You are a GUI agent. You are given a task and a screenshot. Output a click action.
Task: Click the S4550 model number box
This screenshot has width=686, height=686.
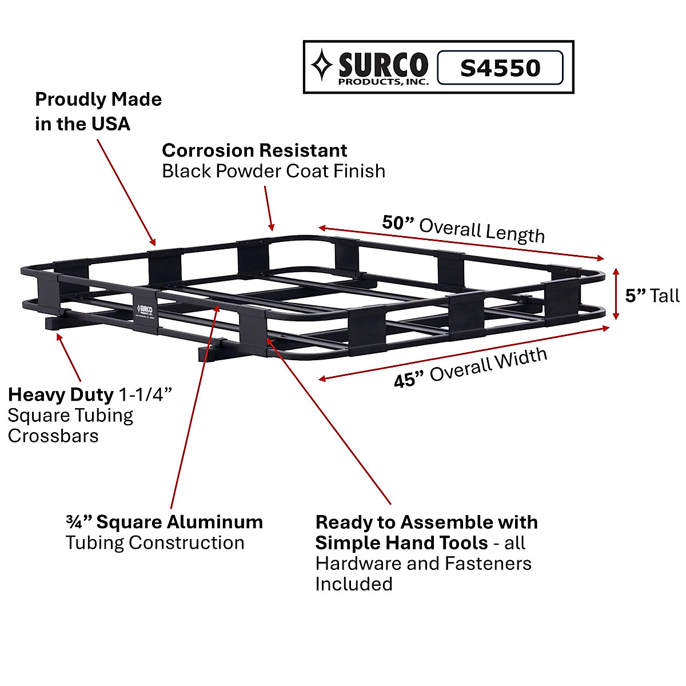(x=500, y=68)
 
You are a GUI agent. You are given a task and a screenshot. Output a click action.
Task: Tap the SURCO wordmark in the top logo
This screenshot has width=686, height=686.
(x=382, y=65)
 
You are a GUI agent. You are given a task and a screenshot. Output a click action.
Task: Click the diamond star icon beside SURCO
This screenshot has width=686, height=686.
(x=322, y=65)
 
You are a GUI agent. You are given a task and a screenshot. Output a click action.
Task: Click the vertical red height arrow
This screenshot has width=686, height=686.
(x=616, y=294)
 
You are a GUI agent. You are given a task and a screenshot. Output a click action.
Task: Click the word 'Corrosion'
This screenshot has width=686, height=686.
(x=205, y=150)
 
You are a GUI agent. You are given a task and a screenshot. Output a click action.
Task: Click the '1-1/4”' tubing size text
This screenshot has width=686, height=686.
(x=145, y=394)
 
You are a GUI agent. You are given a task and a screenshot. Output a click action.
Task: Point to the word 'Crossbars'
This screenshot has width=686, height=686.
(x=53, y=436)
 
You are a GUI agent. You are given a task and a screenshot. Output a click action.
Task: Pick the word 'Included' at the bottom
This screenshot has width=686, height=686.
(x=354, y=584)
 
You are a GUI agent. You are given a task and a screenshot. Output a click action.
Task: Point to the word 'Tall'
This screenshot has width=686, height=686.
(x=665, y=296)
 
